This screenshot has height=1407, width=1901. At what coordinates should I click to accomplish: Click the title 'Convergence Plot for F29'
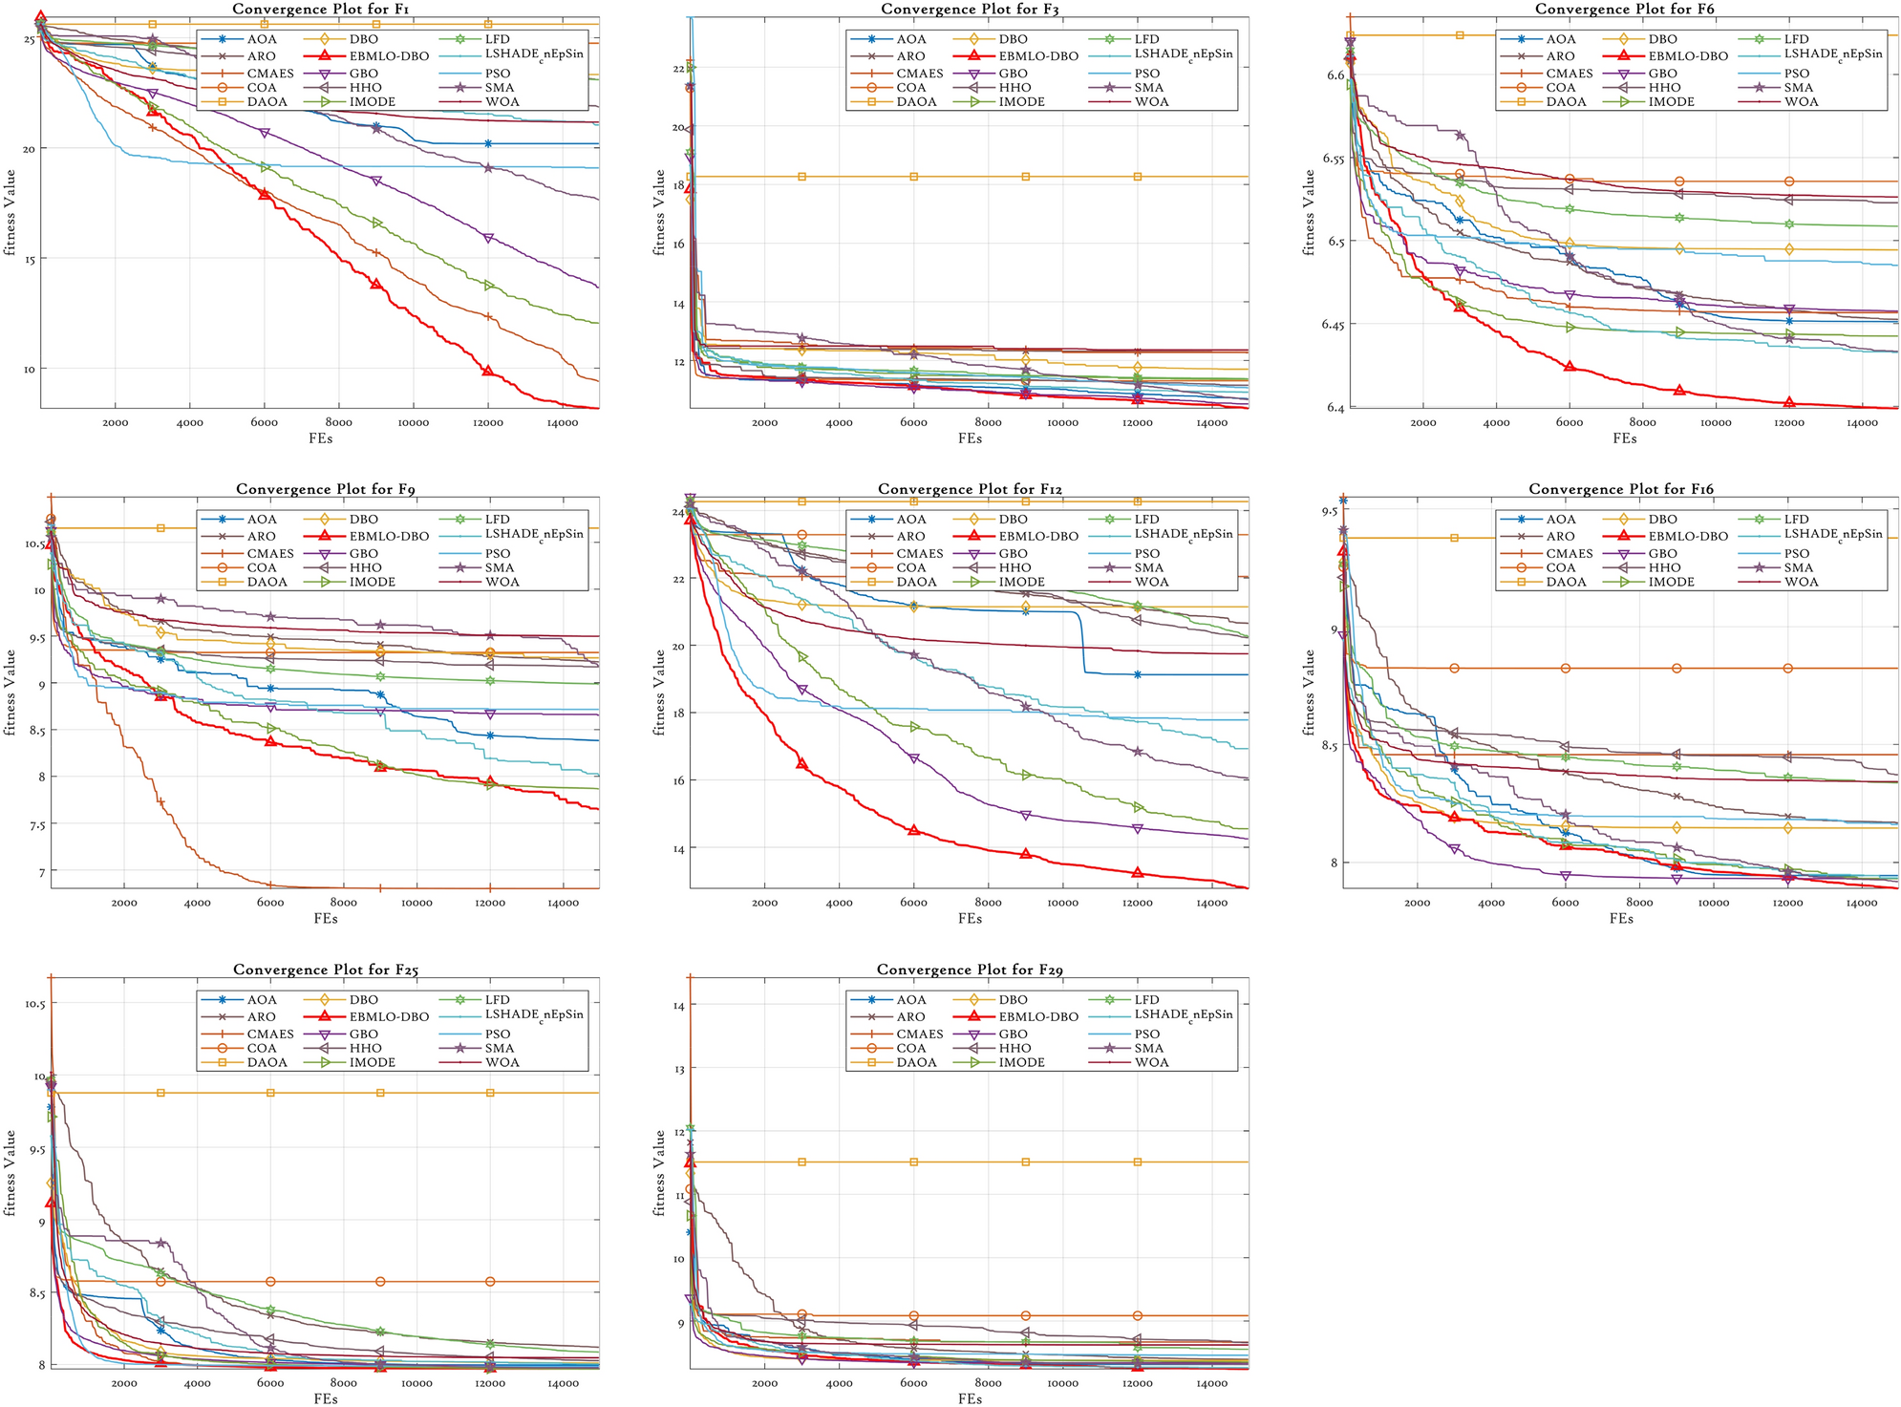pyautogui.click(x=970, y=970)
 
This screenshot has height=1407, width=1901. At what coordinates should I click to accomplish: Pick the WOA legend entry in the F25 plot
pyautogui.click(x=502, y=1062)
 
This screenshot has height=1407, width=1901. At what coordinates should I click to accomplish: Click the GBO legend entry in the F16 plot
pyautogui.click(x=1662, y=553)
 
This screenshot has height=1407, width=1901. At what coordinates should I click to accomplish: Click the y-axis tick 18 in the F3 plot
pyautogui.click(x=678, y=185)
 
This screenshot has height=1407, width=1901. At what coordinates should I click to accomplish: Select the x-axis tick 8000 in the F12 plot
pyautogui.click(x=988, y=903)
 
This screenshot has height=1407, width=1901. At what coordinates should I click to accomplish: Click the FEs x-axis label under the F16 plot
pyautogui.click(x=1621, y=918)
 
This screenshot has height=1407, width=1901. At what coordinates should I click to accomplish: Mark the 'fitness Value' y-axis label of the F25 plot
pyautogui.click(x=11, y=1172)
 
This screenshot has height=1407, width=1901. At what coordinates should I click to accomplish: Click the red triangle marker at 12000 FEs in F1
pyautogui.click(x=488, y=371)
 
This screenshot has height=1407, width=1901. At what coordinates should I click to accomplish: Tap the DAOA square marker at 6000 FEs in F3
pyautogui.click(x=914, y=177)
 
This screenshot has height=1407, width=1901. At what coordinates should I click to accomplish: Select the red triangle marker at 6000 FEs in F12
pyautogui.click(x=914, y=830)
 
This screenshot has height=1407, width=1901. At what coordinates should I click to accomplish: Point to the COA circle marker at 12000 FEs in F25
pyautogui.click(x=490, y=1281)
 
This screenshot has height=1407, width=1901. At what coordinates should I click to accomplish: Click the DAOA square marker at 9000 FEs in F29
pyautogui.click(x=1026, y=1162)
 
